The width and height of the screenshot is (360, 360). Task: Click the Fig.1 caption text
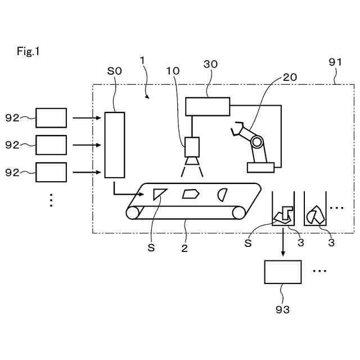(28, 51)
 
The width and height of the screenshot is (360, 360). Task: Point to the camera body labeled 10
(192, 147)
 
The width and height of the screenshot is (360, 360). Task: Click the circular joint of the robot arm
(256, 142)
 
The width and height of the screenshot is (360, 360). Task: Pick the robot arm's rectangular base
(260, 168)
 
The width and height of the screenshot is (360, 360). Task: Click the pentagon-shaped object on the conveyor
(191, 194)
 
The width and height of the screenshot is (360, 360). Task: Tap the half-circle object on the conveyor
(222, 195)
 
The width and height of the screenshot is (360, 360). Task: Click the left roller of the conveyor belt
(133, 213)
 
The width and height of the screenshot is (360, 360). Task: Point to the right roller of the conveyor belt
(238, 213)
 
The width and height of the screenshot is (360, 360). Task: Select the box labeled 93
(283, 272)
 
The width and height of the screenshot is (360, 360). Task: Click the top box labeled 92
(51, 118)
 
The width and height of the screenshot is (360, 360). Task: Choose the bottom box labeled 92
(51, 172)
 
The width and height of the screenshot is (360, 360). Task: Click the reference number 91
(335, 62)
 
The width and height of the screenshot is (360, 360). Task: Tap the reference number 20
(290, 78)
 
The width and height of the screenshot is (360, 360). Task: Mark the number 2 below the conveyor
(184, 248)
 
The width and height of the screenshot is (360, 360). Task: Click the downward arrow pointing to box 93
(283, 242)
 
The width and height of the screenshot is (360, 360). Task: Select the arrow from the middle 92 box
(87, 145)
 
